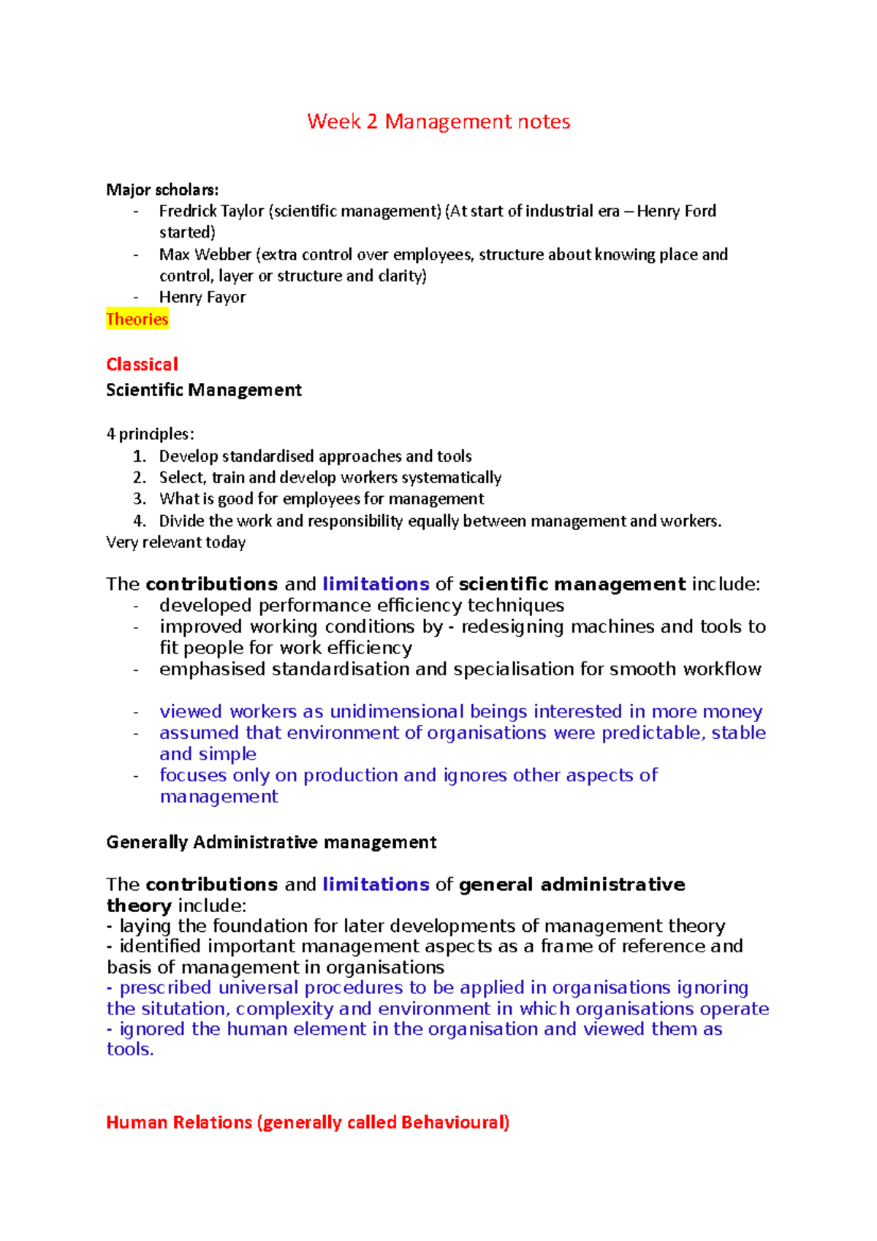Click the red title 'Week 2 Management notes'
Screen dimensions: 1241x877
tap(438, 121)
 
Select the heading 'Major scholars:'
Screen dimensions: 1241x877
tap(162, 190)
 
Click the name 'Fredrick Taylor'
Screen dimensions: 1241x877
tap(211, 211)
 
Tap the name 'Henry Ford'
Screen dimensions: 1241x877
tap(676, 211)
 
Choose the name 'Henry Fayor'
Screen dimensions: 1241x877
tap(202, 297)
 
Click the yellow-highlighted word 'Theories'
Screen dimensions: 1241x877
tap(137, 319)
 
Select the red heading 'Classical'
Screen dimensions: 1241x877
tap(142, 364)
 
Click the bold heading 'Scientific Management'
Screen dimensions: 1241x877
tap(203, 390)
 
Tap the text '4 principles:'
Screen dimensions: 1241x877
tap(150, 434)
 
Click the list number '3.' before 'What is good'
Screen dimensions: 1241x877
tap(140, 499)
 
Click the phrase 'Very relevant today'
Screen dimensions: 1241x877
tap(175, 542)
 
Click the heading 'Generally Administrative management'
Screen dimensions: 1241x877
tap(271, 843)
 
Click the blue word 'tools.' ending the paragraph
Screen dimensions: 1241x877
tap(130, 1050)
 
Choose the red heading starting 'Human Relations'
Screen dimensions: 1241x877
tap(308, 1123)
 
